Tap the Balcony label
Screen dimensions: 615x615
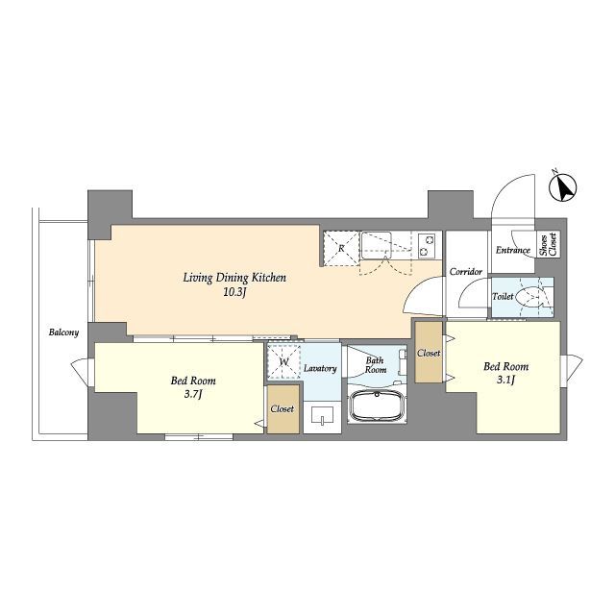click(63, 332)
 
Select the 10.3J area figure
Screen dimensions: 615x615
click(234, 292)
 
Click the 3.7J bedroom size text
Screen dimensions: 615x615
click(193, 394)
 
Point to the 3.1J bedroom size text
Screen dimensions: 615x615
click(505, 381)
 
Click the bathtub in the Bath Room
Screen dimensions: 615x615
click(376, 406)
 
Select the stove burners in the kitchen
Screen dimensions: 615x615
click(427, 245)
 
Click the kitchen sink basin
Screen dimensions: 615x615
click(376, 245)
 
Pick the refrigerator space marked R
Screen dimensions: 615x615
click(341, 248)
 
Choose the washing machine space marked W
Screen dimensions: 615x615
click(284, 361)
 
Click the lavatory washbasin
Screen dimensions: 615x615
click(322, 415)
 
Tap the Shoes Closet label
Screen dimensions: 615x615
click(549, 245)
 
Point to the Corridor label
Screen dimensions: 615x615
click(465, 271)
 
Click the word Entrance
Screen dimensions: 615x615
click(513, 250)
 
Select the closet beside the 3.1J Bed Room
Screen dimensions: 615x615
click(429, 353)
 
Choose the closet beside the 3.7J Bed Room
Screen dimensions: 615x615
click(283, 409)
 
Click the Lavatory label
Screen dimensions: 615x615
click(320, 368)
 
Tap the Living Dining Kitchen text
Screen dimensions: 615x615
click(234, 278)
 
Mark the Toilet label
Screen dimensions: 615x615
click(503, 297)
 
